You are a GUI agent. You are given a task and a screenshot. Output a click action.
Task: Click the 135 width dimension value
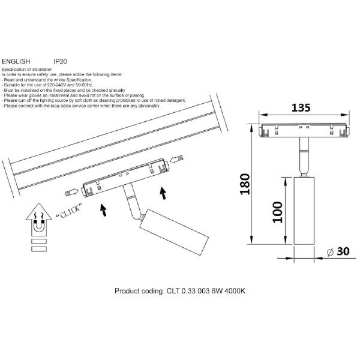click(x=301, y=107)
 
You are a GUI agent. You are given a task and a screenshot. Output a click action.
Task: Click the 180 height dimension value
click(x=245, y=184)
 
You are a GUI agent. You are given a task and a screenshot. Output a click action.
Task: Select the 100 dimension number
click(x=277, y=212)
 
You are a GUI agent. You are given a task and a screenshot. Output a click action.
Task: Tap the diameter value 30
click(x=343, y=251)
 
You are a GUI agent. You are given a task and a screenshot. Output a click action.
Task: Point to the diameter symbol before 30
click(x=330, y=252)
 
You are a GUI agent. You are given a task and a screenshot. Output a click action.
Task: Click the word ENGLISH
click(x=16, y=61)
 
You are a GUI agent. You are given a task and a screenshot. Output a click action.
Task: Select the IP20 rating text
click(x=60, y=61)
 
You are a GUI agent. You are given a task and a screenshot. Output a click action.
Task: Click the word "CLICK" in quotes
click(x=68, y=211)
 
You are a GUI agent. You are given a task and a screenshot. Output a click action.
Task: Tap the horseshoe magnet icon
click(x=38, y=226)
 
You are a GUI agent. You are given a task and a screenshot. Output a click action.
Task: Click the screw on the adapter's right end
click(x=177, y=158)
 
